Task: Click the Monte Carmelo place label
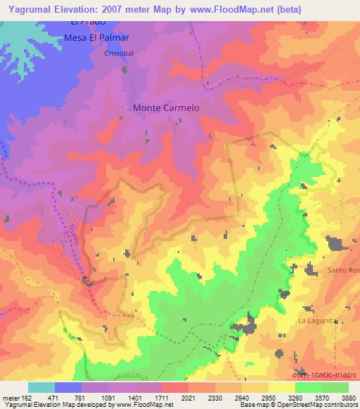166,108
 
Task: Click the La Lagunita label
319,320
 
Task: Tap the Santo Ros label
343,271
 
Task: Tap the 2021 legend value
187,398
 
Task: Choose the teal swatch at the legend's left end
41,387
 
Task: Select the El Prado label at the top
82,22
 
